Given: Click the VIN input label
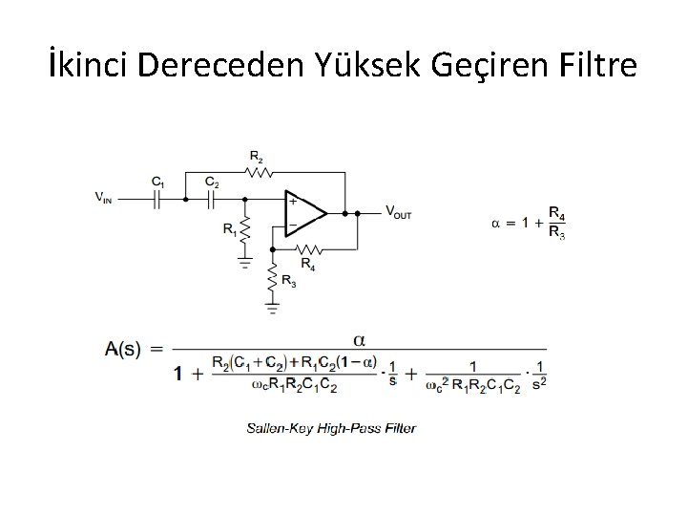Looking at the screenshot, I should click(107, 198).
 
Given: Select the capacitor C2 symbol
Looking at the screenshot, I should click(213, 198).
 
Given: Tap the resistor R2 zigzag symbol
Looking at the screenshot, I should click(258, 173).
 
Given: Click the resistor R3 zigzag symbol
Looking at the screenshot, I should click(274, 278).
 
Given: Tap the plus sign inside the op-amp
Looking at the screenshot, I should click(292, 202).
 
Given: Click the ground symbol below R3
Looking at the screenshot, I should click(274, 308).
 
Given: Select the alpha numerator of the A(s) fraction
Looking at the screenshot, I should click(359, 338).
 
